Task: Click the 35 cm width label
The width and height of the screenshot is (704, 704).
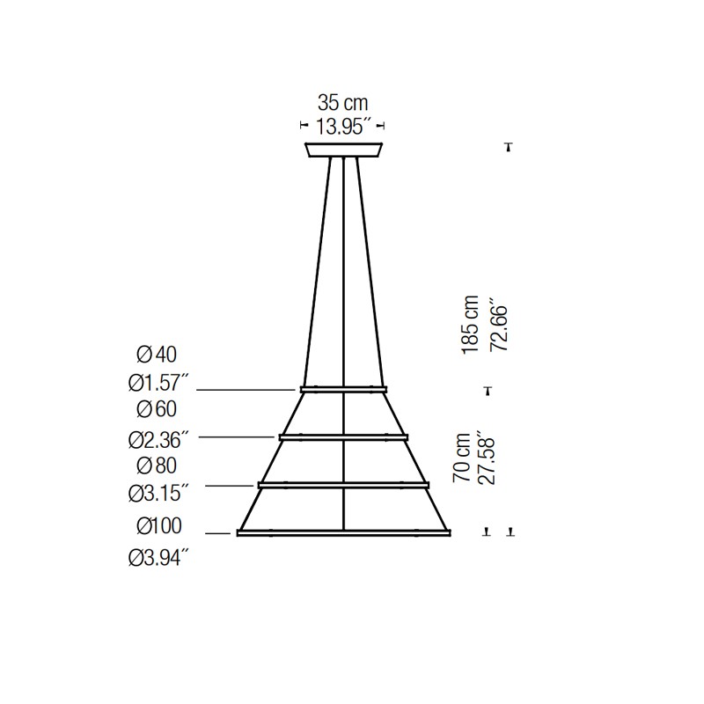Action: (343, 103)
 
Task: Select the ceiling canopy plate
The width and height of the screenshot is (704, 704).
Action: (343, 150)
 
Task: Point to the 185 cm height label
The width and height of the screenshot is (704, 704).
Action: (470, 325)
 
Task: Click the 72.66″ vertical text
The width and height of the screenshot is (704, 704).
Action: (498, 324)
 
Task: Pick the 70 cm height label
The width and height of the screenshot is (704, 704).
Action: (461, 458)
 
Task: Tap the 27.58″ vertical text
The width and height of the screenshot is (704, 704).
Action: (487, 458)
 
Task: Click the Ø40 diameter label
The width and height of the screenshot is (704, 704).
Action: (157, 355)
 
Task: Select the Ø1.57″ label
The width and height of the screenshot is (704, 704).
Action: (158, 383)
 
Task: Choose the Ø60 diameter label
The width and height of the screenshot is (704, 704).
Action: (157, 409)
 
